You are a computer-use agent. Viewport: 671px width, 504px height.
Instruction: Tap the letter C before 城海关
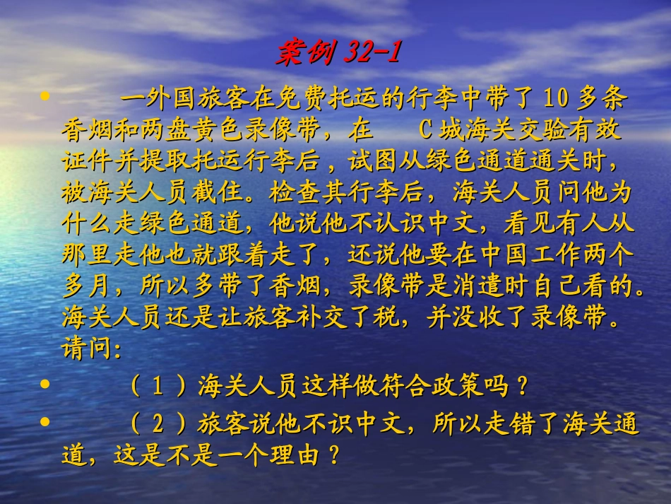424,131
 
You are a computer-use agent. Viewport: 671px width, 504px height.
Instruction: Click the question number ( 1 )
158,387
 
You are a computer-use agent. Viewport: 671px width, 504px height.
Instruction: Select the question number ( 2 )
158,425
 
